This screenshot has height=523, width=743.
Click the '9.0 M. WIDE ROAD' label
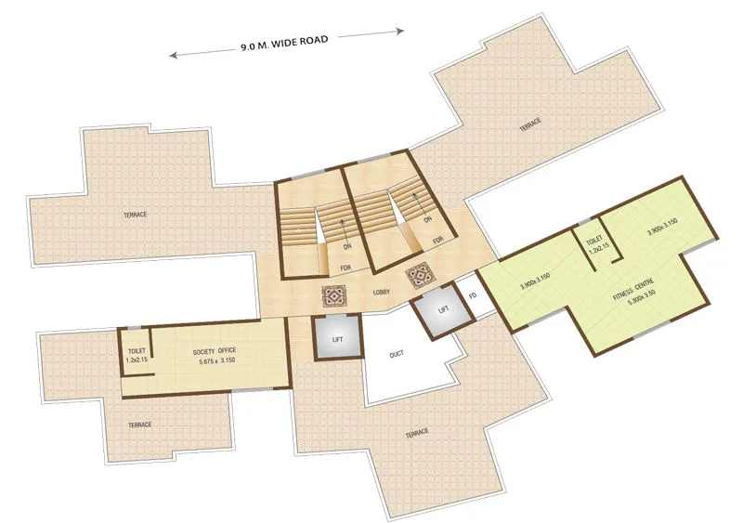tap(287, 42)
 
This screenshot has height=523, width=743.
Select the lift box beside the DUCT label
tap(337, 339)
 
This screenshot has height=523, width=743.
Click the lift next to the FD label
tap(443, 308)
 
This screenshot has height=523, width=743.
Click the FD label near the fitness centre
tap(473, 295)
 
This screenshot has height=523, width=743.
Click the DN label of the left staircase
tap(345, 247)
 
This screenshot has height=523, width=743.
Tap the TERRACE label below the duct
tap(416, 434)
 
